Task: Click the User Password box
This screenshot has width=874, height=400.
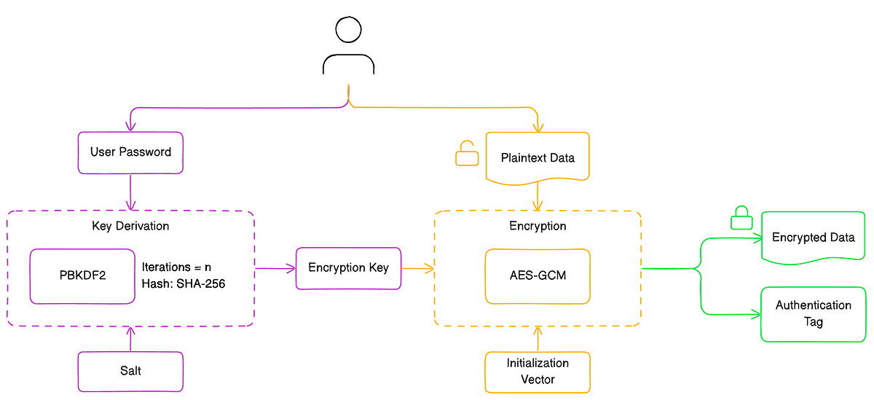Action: tap(130, 152)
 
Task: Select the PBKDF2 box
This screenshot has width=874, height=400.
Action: tap(82, 276)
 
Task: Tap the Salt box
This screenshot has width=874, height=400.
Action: tap(130, 371)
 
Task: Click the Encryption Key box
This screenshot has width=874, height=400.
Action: tap(348, 268)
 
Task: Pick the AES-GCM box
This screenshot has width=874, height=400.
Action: tap(538, 276)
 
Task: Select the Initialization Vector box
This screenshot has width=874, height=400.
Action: tap(538, 371)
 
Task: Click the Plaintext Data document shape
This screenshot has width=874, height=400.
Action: tap(538, 157)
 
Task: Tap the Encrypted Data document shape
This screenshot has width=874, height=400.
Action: tap(813, 238)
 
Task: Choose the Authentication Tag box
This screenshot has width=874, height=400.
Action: tap(813, 313)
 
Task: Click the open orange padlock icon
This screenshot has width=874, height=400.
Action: tap(467, 154)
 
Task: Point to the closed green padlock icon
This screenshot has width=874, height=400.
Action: tap(741, 219)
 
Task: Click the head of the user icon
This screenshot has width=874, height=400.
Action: tap(348, 31)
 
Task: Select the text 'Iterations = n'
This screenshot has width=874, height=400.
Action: tap(176, 267)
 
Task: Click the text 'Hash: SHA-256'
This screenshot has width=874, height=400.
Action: tap(184, 284)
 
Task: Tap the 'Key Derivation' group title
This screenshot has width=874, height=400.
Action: tap(130, 226)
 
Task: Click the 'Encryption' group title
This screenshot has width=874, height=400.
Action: tap(538, 226)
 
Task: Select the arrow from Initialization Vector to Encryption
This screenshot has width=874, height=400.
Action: tap(538, 339)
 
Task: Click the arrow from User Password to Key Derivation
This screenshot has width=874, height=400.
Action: tap(131, 192)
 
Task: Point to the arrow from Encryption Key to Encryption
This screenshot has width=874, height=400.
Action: tap(417, 269)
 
